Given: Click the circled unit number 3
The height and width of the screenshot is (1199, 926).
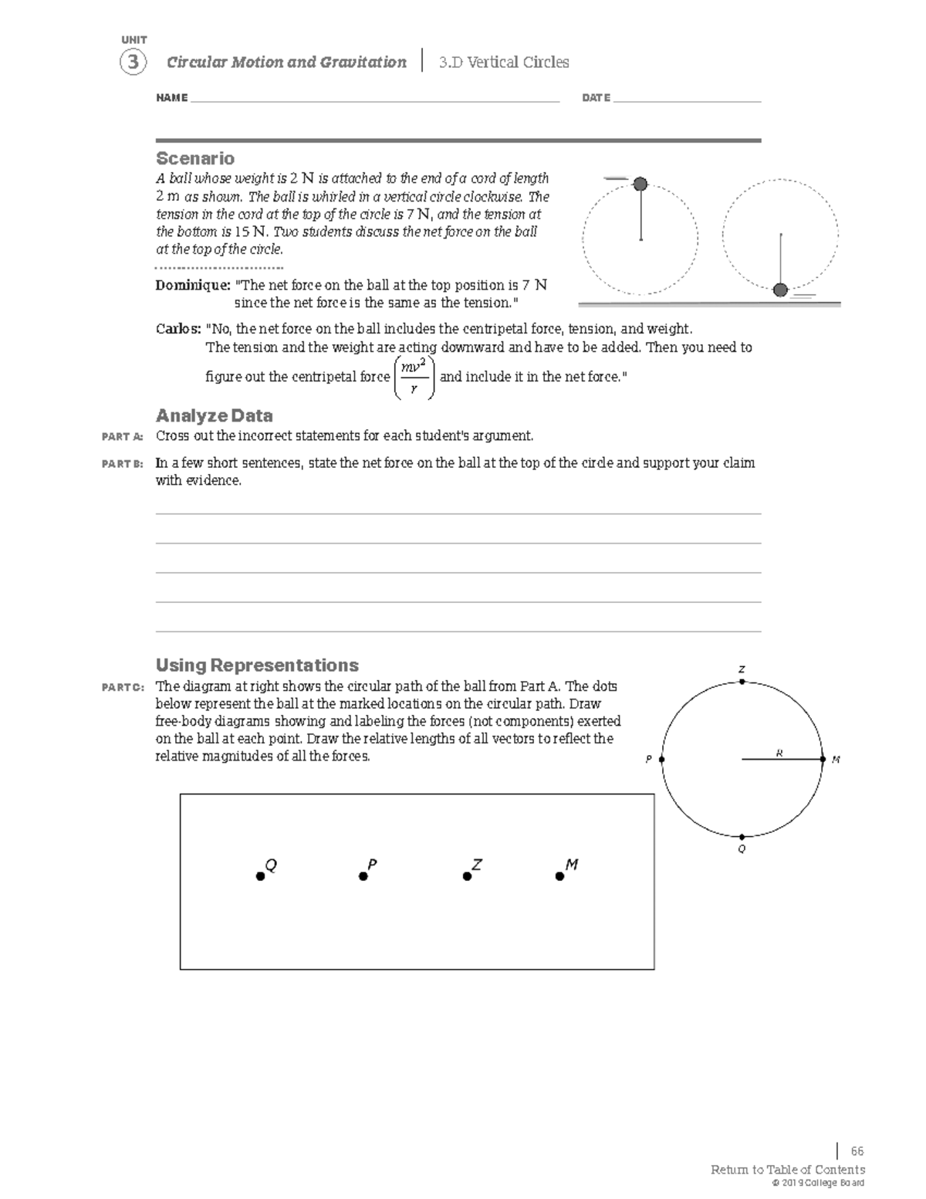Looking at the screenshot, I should click(133, 62).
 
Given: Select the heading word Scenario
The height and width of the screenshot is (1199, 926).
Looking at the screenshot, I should click(195, 158).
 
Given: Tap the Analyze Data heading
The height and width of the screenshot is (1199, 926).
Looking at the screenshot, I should click(214, 415).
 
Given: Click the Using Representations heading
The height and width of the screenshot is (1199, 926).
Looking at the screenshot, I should click(257, 665).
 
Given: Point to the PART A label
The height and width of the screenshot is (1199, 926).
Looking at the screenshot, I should click(122, 437).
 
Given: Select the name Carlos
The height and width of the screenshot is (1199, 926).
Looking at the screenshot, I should click(177, 329).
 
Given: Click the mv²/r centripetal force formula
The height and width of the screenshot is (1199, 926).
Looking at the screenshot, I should click(414, 377).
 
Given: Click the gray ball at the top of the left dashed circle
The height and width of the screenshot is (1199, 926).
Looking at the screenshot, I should click(640, 184).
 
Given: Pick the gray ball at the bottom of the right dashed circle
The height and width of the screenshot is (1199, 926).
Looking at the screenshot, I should click(780, 290).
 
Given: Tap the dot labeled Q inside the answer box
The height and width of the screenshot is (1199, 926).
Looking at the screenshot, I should click(261, 876).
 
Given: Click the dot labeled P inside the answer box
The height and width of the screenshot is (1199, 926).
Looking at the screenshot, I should click(363, 876).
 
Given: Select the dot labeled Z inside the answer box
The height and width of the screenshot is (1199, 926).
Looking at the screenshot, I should click(467, 876).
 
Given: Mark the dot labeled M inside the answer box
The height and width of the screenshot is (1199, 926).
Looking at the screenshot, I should click(559, 876).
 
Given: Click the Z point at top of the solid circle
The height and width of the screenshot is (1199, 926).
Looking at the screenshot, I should click(742, 682).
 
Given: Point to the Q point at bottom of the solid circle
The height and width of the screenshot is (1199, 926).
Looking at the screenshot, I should click(742, 837).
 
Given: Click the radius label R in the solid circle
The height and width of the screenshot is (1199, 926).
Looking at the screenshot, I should click(779, 753).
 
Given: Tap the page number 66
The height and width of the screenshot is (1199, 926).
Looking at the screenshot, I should click(857, 1151).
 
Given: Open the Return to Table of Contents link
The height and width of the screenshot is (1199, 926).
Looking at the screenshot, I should click(787, 1170).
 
